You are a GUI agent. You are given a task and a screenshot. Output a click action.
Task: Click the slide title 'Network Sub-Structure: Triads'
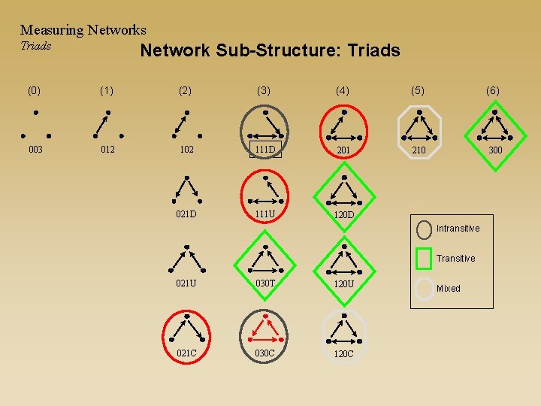pyautogui.click(x=270, y=50)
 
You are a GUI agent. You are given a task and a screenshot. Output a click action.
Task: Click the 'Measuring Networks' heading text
pyautogui.click(x=83, y=30)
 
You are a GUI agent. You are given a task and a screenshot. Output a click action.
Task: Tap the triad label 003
pyautogui.click(x=35, y=150)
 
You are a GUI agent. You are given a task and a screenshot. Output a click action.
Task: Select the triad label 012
pyautogui.click(x=107, y=150)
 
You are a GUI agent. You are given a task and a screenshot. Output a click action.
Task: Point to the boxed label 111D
pyautogui.click(x=265, y=149)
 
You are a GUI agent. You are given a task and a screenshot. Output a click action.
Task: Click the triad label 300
pyautogui.click(x=495, y=150)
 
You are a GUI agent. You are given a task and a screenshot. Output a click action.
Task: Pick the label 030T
pyautogui.click(x=264, y=283)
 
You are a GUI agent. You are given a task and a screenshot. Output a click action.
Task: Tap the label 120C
pyautogui.click(x=343, y=353)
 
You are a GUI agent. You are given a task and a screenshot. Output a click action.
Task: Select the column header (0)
pyautogui.click(x=35, y=90)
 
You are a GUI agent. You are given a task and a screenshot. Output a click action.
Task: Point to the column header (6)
pyautogui.click(x=493, y=90)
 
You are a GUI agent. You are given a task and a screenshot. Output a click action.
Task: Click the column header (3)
pyautogui.click(x=263, y=90)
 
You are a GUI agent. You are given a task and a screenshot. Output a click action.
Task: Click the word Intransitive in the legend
pyautogui.click(x=458, y=228)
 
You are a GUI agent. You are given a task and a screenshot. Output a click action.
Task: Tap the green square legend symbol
pyautogui.click(x=424, y=258)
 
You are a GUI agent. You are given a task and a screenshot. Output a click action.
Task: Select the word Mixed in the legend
pyautogui.click(x=449, y=289)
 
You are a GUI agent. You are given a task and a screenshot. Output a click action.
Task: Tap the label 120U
pyautogui.click(x=343, y=283)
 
